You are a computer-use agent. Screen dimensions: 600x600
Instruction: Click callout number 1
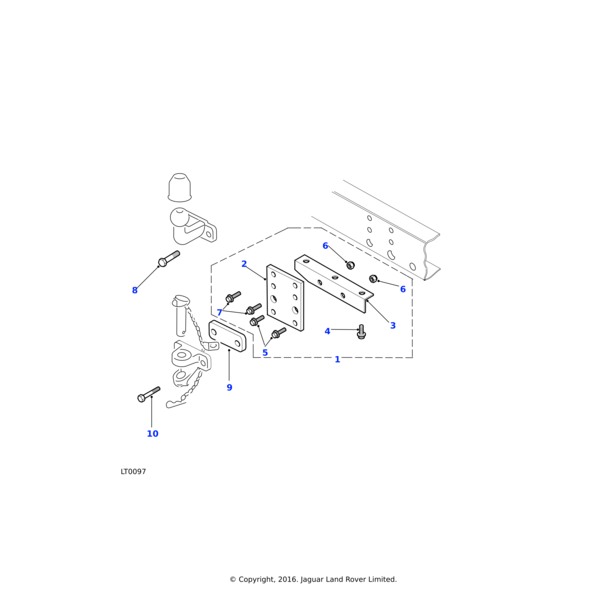click(x=337, y=359)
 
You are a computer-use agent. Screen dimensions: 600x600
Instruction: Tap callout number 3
click(x=392, y=325)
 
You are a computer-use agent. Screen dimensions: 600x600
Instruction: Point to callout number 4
click(x=327, y=331)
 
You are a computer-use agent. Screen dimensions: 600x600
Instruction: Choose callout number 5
click(x=265, y=352)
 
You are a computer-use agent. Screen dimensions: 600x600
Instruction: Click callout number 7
click(x=220, y=313)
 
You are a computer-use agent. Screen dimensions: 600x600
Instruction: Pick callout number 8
click(x=135, y=290)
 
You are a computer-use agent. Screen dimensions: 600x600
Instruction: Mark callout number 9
click(x=229, y=387)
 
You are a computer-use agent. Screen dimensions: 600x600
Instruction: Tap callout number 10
click(x=152, y=433)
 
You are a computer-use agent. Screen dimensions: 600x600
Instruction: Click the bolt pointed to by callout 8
click(x=167, y=260)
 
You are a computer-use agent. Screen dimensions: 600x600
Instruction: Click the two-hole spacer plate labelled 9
click(x=228, y=338)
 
